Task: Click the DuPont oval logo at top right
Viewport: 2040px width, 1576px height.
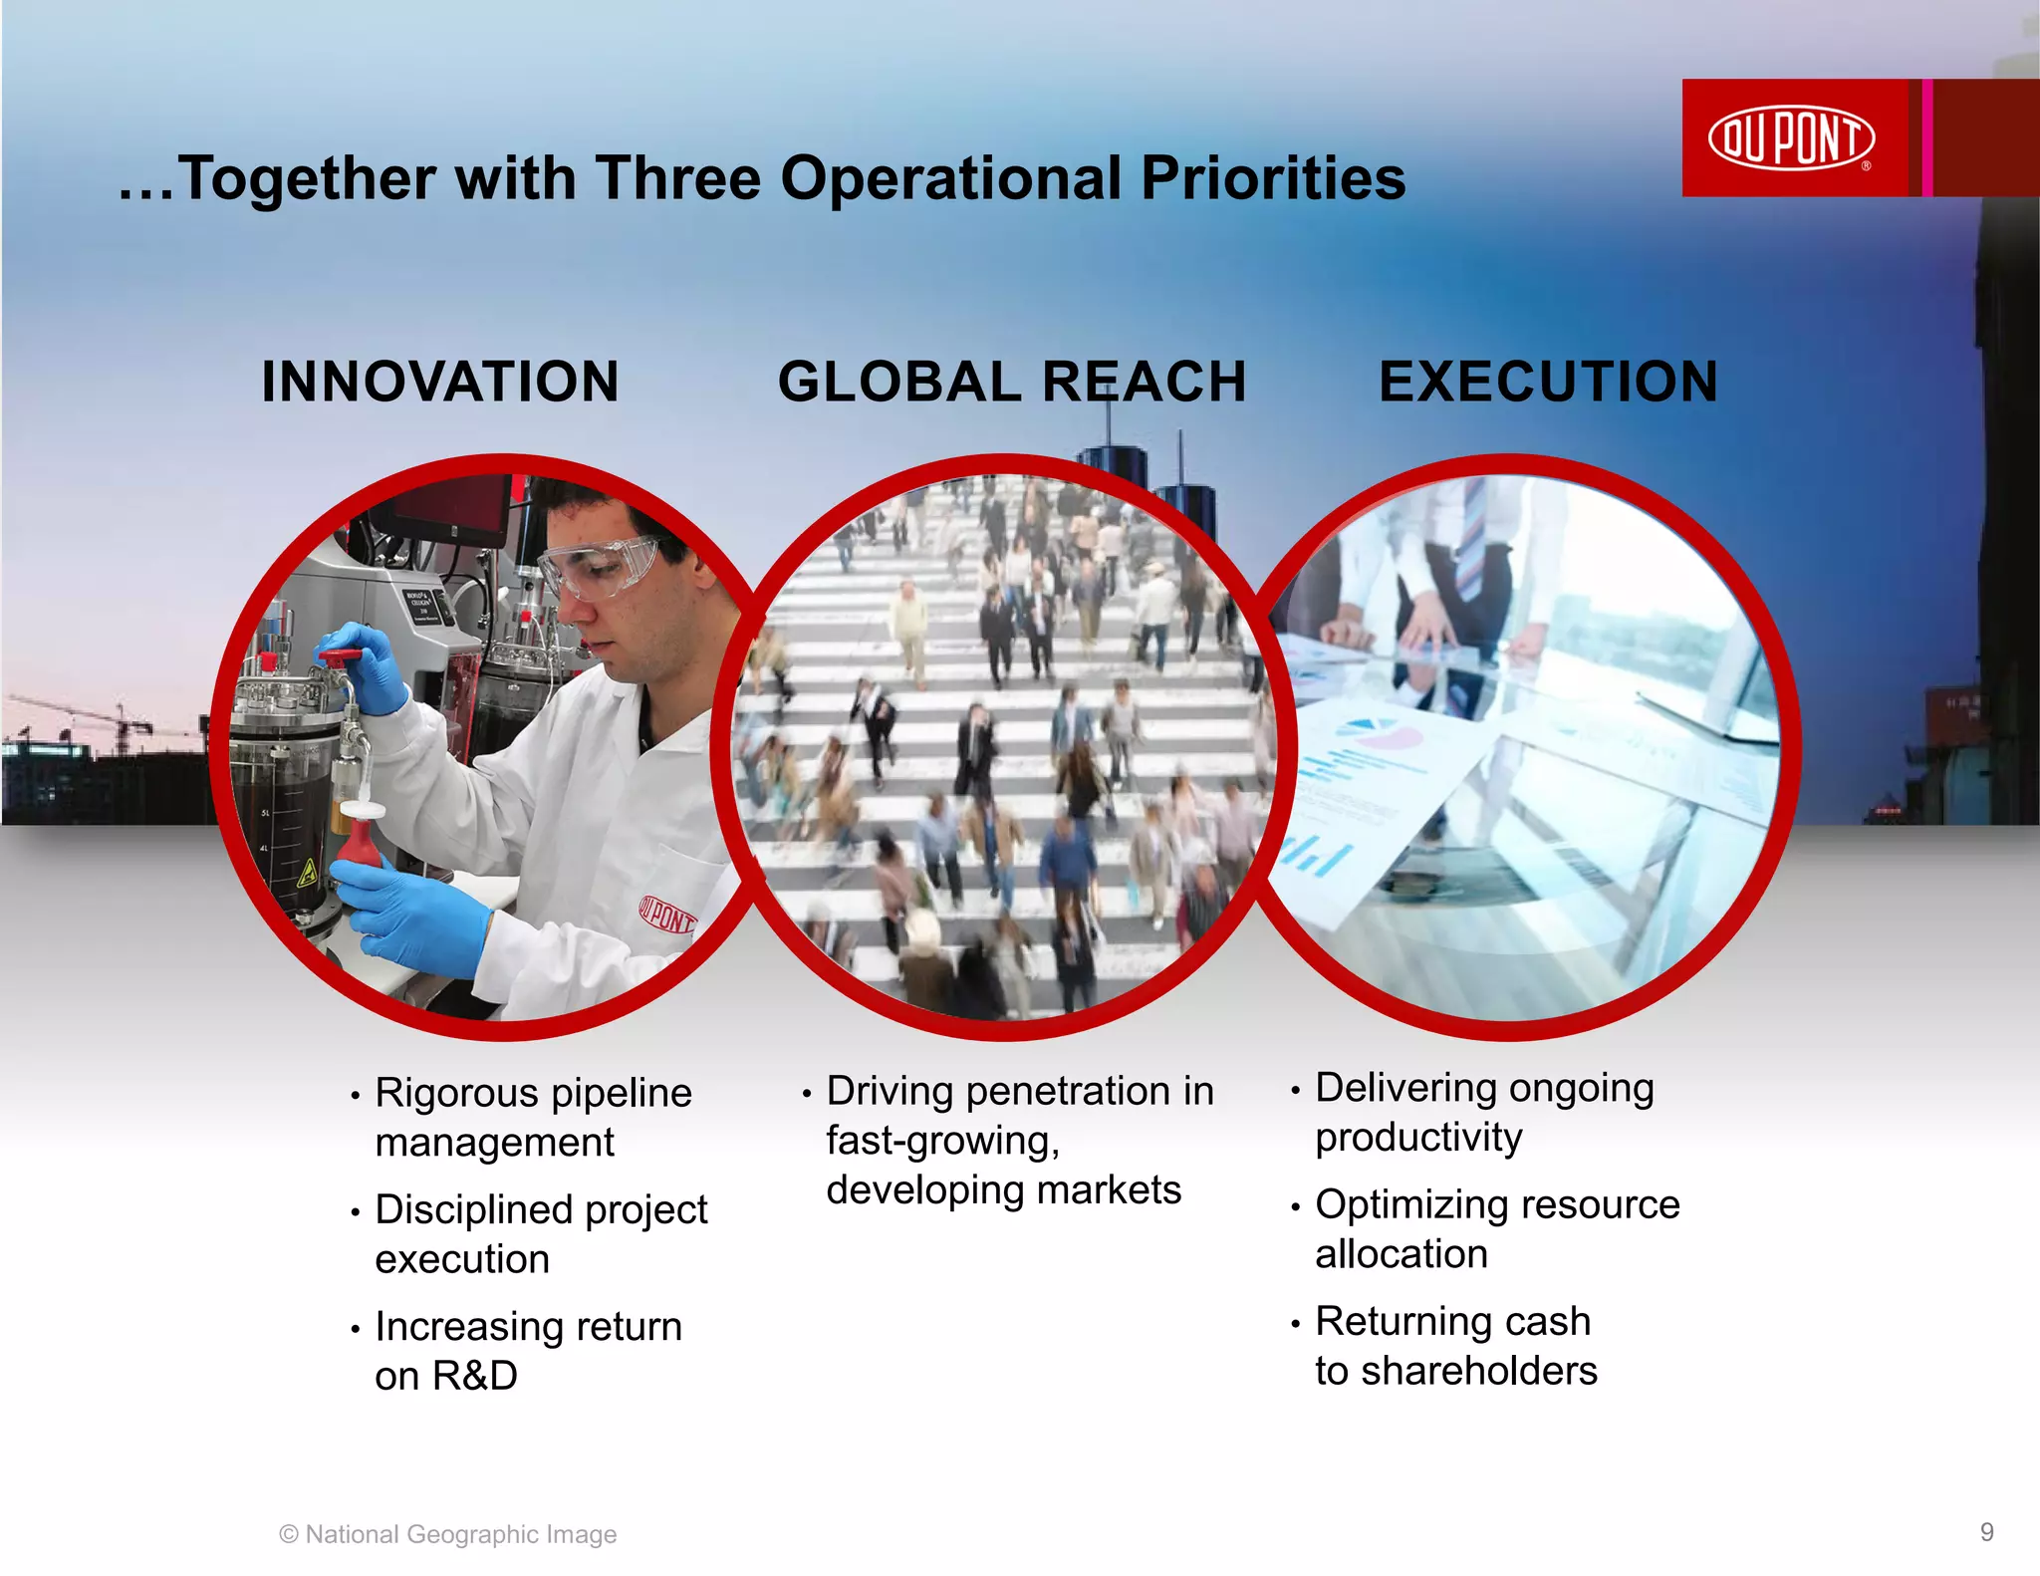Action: pos(1791,137)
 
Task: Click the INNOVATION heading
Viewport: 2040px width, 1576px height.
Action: pos(440,382)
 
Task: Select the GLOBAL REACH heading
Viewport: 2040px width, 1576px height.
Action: pos(1011,382)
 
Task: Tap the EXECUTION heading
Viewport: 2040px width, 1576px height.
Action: pos(1548,382)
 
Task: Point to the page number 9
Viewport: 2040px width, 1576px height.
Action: pos(1986,1531)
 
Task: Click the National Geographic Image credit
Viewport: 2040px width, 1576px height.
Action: pos(448,1534)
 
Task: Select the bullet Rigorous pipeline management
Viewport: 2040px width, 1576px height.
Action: pos(532,1117)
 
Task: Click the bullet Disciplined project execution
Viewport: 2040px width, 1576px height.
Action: pos(540,1233)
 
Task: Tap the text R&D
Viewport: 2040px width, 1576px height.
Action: pos(475,1376)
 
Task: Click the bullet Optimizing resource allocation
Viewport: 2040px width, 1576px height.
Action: pos(1496,1228)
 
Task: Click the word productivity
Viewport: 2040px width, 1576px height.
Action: pos(1418,1137)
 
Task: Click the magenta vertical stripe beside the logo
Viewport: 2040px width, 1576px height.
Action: pos(1927,137)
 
